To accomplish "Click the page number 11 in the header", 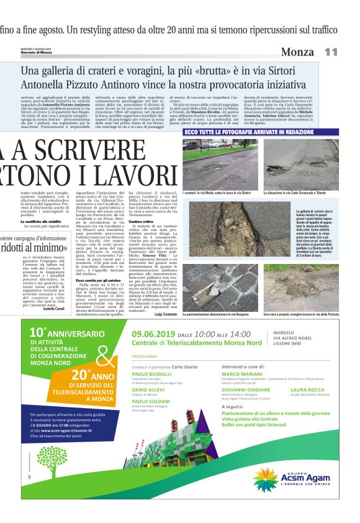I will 331,53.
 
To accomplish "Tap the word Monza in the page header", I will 297,53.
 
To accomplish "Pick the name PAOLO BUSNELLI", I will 152,375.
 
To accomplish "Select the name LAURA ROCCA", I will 307,390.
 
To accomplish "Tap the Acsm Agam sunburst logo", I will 266,480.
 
